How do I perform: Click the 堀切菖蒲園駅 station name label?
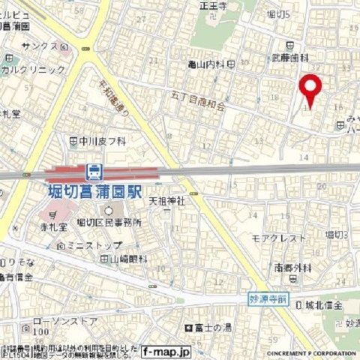click(x=91, y=190)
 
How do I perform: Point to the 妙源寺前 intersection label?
click(x=268, y=298)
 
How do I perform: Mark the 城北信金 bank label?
click(x=323, y=304)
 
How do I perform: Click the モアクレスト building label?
click(x=278, y=237)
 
